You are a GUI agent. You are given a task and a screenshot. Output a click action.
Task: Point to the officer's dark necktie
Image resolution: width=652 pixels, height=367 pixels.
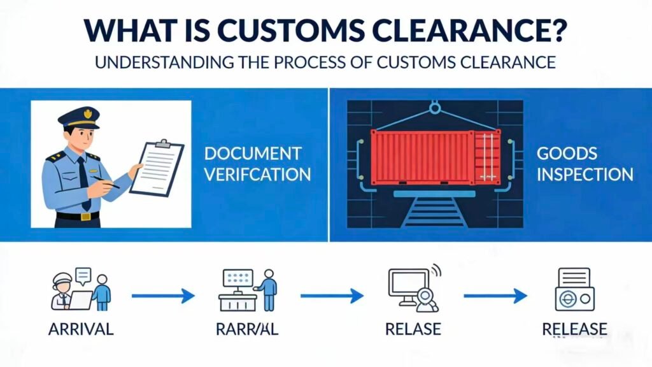click(83, 181)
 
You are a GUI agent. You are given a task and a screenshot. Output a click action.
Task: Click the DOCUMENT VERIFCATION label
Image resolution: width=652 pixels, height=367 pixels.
click(253, 164)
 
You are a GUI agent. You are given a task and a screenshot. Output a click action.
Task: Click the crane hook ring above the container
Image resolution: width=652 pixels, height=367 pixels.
click(436, 108)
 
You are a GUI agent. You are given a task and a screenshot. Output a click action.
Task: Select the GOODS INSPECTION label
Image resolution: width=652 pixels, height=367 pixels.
click(584, 164)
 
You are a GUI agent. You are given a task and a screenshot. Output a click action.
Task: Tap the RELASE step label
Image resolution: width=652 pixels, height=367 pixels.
click(413, 329)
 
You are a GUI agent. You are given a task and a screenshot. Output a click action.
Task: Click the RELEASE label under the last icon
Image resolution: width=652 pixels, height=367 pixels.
click(574, 329)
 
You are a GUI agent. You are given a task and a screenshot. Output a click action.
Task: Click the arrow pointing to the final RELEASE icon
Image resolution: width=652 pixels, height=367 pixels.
click(495, 295)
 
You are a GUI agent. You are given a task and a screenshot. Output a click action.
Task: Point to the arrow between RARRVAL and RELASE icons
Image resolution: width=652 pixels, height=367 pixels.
click(332, 295)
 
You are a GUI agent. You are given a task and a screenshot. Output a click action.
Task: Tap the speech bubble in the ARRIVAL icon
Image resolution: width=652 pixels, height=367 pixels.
click(83, 276)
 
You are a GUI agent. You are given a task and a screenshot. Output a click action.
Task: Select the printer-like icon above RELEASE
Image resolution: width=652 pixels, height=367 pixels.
click(574, 290)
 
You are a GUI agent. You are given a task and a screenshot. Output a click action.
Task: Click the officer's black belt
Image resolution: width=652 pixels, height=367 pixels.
click(77, 216)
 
